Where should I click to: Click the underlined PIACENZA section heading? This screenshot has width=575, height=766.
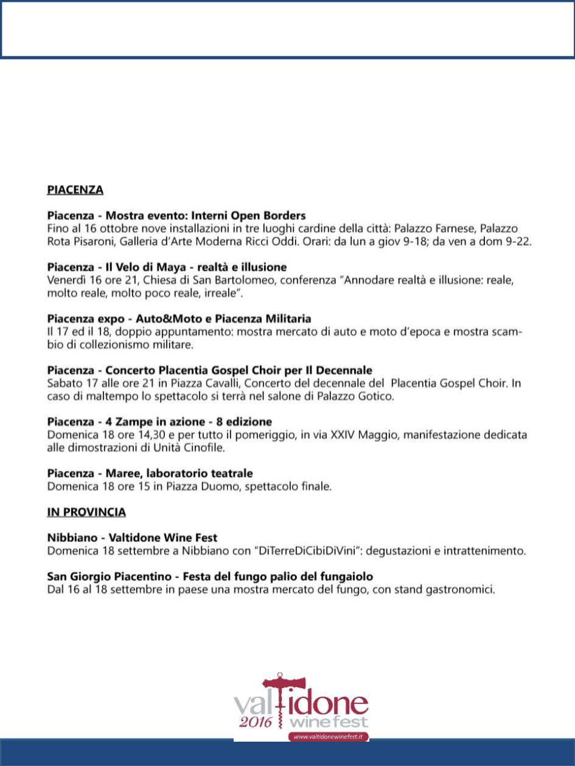coord(75,190)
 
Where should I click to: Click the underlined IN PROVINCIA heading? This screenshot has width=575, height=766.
coord(86,512)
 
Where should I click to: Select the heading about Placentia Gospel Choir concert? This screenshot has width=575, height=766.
coord(209,370)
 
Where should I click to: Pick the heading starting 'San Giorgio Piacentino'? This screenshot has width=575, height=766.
coord(210,576)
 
